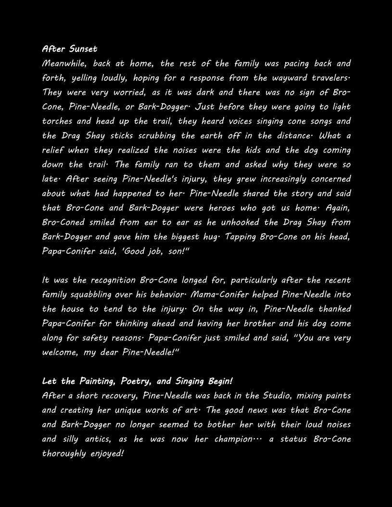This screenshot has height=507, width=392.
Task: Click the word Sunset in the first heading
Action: click(83, 49)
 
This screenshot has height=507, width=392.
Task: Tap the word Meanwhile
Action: click(63, 63)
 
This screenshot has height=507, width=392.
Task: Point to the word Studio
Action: click(277, 396)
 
